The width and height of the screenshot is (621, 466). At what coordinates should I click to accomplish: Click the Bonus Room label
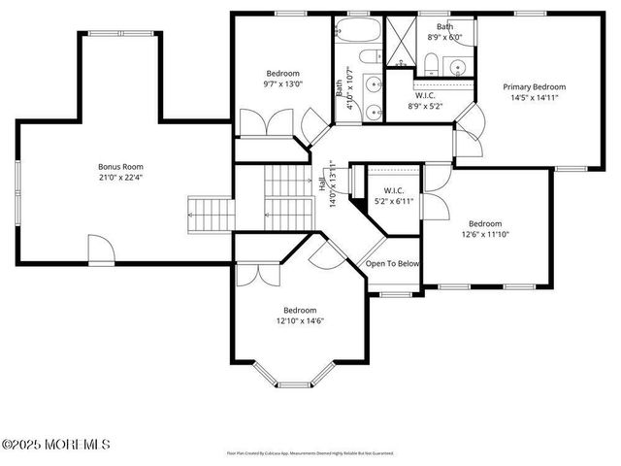(x=115, y=166)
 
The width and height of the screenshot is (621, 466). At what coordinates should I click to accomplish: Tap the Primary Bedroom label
(x=534, y=86)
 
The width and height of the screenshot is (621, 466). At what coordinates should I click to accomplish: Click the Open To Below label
(x=392, y=263)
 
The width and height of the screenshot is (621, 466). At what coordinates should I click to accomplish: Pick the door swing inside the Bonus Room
(x=101, y=249)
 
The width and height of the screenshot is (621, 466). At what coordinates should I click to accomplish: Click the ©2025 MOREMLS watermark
(x=55, y=445)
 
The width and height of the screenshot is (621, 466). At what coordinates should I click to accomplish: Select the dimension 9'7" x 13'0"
(x=282, y=85)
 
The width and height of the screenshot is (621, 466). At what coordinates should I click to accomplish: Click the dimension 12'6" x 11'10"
(x=484, y=234)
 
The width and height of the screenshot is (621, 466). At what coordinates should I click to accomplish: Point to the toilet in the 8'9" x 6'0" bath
(x=428, y=65)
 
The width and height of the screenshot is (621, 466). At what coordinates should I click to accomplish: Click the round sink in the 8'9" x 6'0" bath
(x=456, y=66)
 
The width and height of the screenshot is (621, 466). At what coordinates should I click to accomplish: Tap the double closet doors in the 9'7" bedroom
(x=257, y=123)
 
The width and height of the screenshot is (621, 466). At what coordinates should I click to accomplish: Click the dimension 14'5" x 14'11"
(x=534, y=98)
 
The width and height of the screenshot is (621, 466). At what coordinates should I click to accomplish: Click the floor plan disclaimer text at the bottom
(x=310, y=452)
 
